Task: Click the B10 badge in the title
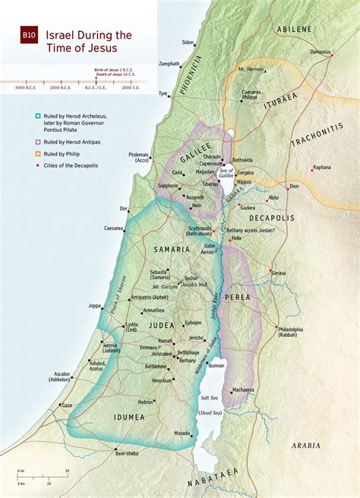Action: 29,35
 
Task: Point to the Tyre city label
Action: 163,93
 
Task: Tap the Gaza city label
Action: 67,406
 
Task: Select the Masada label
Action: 182,433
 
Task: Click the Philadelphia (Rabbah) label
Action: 289,332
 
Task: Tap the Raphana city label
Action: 322,167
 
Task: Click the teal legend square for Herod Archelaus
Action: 37,117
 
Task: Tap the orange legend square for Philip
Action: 37,154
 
